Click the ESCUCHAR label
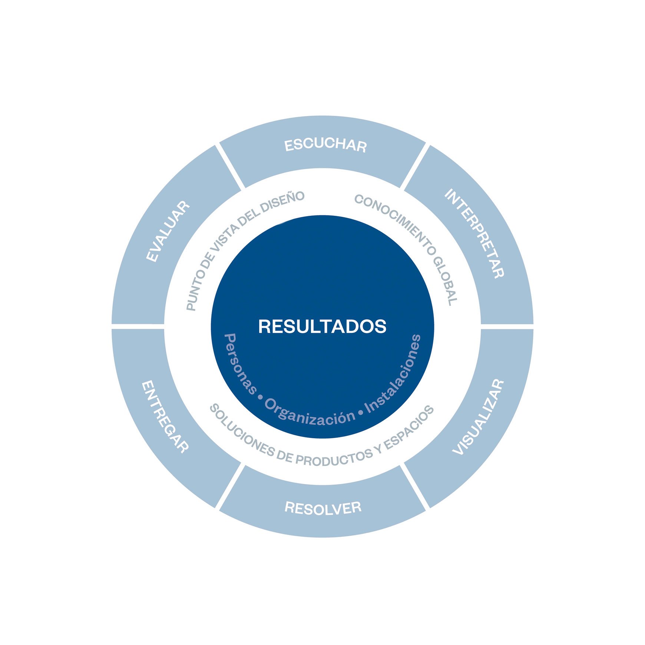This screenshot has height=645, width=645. pos(325,145)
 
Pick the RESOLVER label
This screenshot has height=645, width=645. pos(323,507)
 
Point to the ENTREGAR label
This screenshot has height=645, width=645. pos(165,417)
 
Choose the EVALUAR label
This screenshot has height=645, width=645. pos(168,232)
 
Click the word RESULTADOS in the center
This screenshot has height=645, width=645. pos(322,327)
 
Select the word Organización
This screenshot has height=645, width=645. pos(310,412)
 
